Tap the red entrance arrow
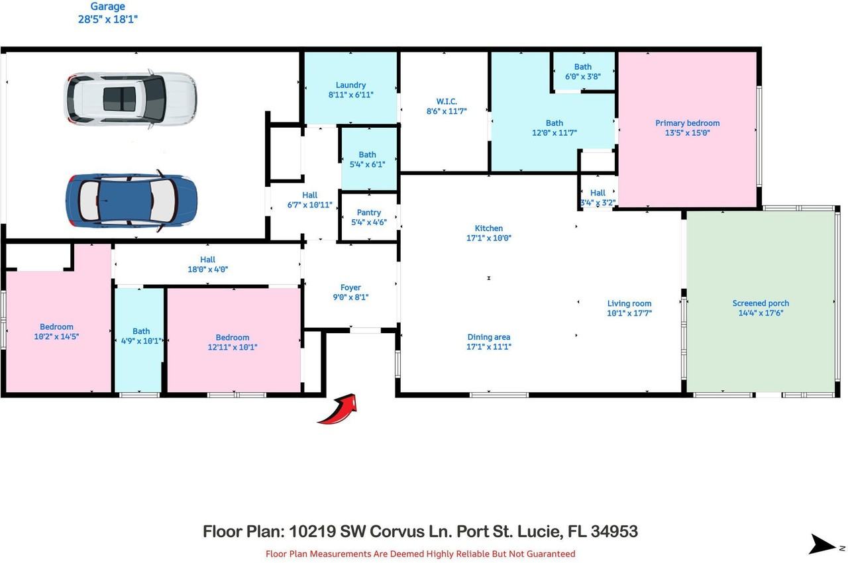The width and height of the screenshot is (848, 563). [x=339, y=409]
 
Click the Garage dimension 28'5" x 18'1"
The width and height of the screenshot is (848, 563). [x=107, y=19]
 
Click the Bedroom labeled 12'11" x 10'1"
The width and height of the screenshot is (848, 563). [x=233, y=342]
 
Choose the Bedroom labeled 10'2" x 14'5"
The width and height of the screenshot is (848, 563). [x=56, y=331]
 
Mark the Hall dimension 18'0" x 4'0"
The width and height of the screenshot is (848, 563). [x=208, y=270]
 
